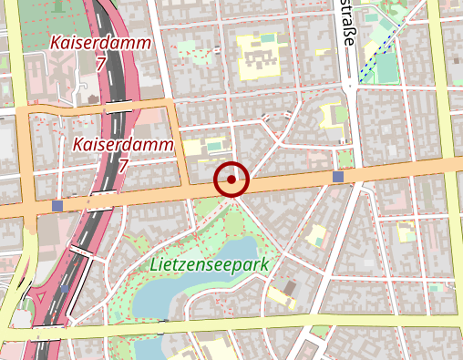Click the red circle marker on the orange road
coord(231,180)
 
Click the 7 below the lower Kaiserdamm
coord(123,166)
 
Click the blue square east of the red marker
coord(339,176)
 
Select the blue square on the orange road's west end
coord(58,206)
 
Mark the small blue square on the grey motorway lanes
coord(65,289)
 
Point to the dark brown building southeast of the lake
coord(290,287)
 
